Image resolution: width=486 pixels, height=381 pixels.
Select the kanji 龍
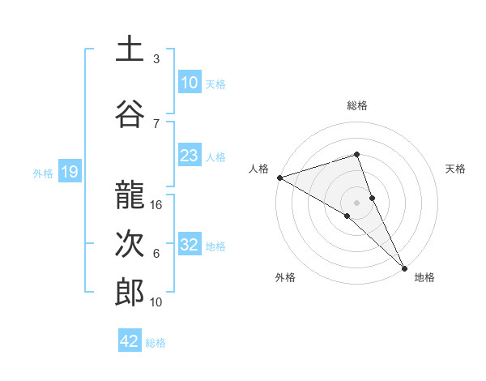(130, 195)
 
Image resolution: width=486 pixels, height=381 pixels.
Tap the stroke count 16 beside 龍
(157, 205)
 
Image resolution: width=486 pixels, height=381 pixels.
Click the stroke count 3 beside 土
(156, 59)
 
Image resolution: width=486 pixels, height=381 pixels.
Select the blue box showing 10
(189, 83)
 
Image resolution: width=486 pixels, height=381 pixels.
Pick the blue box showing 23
(189, 156)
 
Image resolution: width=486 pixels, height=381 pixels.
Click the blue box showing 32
(189, 245)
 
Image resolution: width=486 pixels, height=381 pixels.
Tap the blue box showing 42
(130, 341)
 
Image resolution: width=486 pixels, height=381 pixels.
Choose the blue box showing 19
(69, 172)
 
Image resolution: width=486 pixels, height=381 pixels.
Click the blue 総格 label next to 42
(156, 343)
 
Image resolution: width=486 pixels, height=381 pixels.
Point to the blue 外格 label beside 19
(43, 173)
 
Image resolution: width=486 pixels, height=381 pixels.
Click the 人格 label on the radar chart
(258, 169)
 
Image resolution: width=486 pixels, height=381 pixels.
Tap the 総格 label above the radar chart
(356, 105)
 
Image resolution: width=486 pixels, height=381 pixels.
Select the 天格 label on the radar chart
(455, 169)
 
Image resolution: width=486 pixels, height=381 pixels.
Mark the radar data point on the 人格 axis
(279, 177)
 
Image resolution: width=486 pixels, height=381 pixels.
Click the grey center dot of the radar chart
(356, 202)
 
